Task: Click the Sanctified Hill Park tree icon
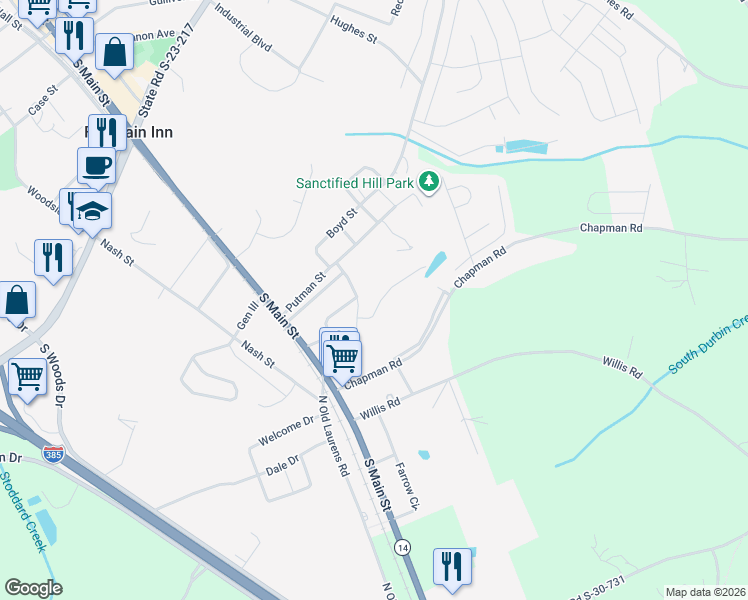429,182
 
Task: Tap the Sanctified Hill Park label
355,183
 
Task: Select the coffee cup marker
96,165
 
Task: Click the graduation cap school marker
93,211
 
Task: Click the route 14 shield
402,548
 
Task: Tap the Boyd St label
342,223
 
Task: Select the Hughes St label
353,36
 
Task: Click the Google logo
33,588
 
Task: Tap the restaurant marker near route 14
452,566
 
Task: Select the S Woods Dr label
52,373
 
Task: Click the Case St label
44,106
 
